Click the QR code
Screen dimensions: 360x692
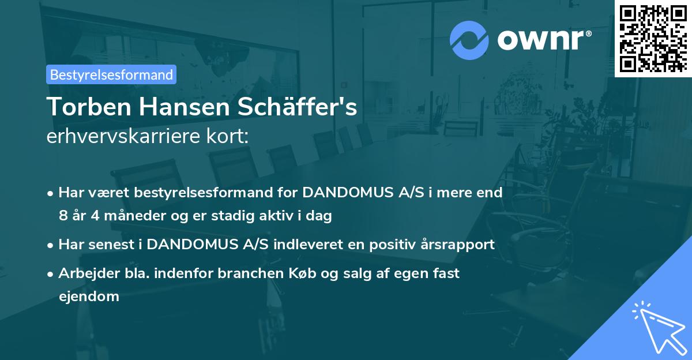click(x=653, y=38)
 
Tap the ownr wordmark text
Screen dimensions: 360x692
click(x=544, y=39)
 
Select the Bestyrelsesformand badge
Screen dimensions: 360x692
click(x=111, y=74)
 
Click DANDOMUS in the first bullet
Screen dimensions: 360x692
click(x=347, y=192)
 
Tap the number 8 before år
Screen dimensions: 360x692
click(x=62, y=216)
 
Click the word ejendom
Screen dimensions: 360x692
click(x=89, y=297)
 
